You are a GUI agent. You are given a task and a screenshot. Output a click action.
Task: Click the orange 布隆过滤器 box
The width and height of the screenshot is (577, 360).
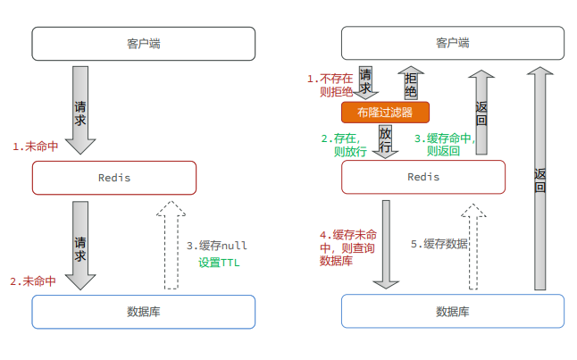coord(385,113)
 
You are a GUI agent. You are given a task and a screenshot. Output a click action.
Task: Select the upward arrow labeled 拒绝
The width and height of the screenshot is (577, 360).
coord(411,83)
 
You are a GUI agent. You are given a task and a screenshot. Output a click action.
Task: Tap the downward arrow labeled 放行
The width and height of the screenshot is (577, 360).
coord(386,141)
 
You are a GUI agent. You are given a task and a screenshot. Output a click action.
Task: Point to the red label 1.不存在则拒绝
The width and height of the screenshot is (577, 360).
coord(330,85)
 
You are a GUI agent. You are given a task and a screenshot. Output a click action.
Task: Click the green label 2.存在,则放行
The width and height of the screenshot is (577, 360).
coord(345,145)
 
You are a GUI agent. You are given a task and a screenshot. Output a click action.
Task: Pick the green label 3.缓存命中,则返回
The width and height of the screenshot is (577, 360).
coord(444,145)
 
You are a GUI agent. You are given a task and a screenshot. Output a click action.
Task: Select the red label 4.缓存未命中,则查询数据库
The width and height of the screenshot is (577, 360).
coord(343,247)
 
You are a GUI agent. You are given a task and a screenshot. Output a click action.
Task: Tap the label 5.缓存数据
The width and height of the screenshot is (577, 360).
coord(439,244)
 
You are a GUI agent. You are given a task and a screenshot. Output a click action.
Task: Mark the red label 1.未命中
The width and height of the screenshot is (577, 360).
coord(35,146)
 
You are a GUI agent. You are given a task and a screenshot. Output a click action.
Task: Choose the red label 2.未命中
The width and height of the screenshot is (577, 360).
coord(33,280)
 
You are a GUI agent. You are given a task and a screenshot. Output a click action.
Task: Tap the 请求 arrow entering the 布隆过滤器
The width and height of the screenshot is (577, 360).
coord(366,81)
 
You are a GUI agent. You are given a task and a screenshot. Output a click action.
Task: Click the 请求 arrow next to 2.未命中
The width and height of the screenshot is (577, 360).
coord(81,245)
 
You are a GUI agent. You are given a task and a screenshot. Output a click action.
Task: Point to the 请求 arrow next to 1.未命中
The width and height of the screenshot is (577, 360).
coord(81,109)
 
